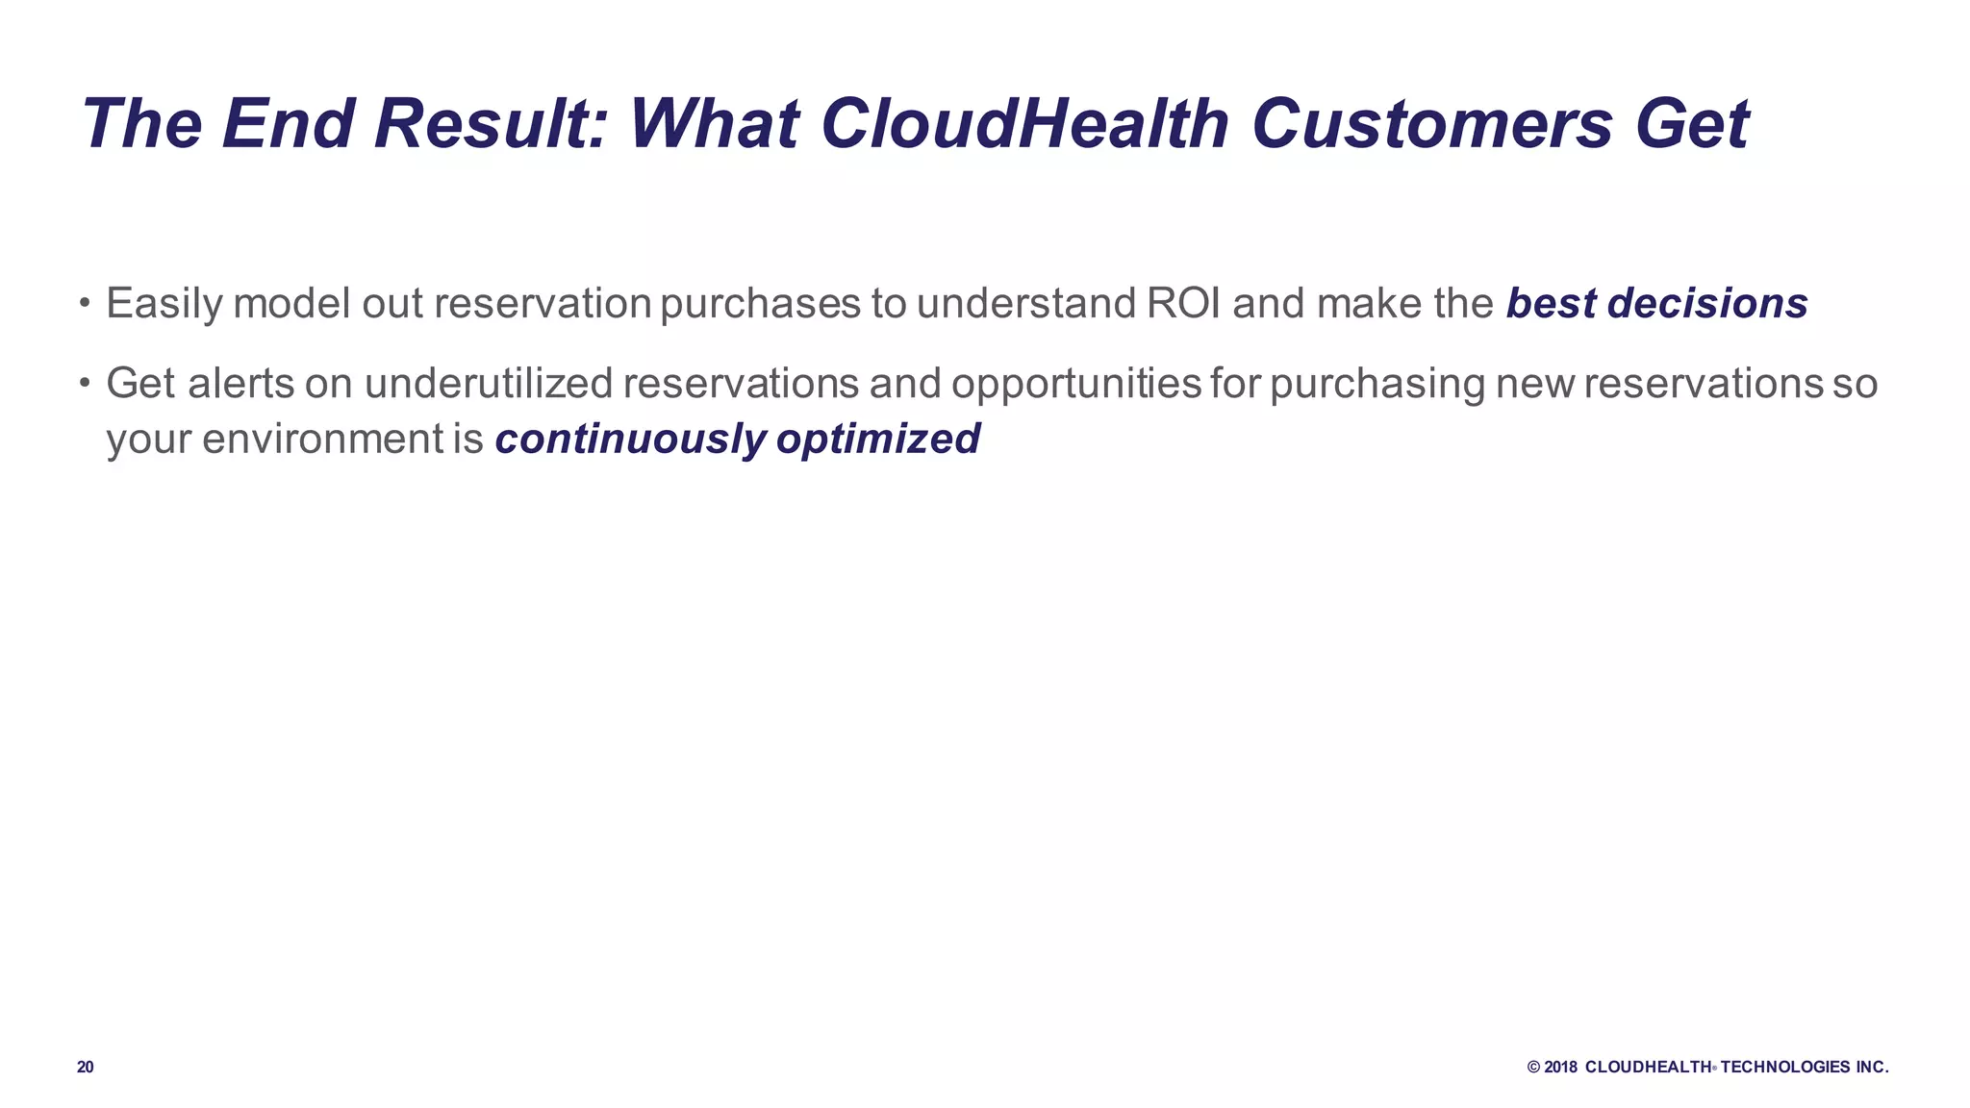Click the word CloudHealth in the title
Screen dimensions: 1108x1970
[x=1024, y=124]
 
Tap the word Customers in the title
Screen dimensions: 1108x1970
[x=1431, y=124]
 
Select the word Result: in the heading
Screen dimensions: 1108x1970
[x=491, y=124]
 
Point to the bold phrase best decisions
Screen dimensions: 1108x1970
[x=1656, y=304]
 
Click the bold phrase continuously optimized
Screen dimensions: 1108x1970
[x=737, y=440]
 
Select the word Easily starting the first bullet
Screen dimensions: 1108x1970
[x=164, y=304]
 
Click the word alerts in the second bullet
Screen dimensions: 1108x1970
[x=241, y=384]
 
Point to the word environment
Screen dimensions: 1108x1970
[x=323, y=440]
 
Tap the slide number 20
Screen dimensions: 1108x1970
[x=86, y=1068]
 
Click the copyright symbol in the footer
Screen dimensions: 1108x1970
[x=1533, y=1068]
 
